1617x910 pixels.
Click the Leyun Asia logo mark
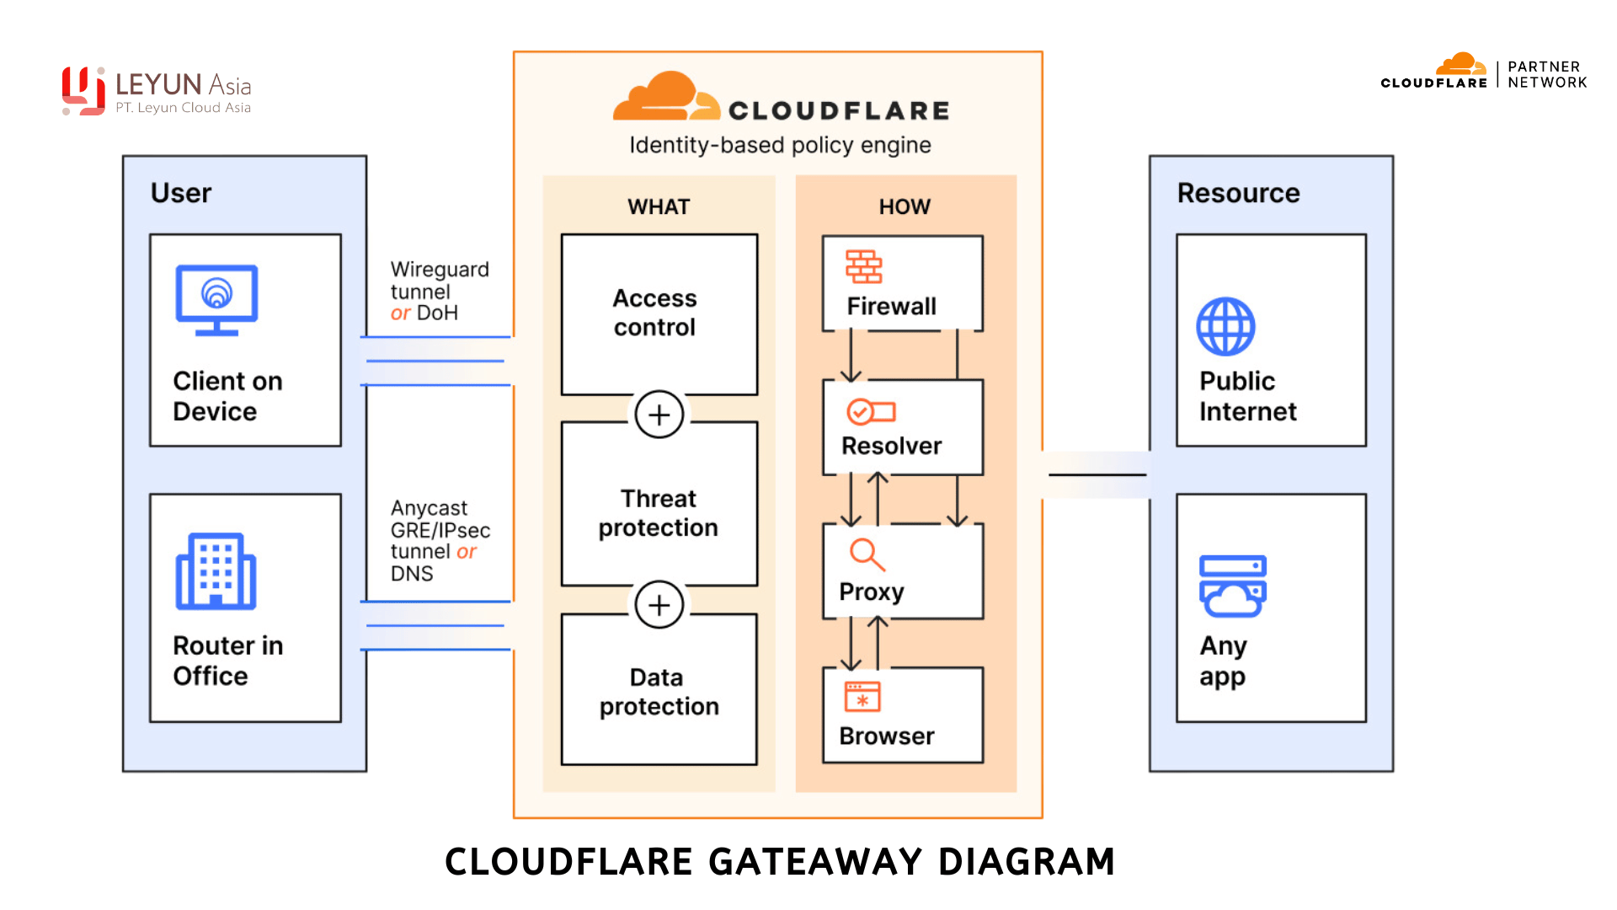(83, 91)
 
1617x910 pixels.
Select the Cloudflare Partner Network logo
(1483, 73)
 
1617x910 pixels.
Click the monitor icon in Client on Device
(216, 299)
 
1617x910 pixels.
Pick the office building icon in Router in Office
(216, 570)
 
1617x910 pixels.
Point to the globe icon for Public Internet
(1225, 326)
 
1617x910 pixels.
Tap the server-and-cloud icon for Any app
(1232, 586)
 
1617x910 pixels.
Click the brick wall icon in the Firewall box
(863, 266)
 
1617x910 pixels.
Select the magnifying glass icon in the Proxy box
(867, 554)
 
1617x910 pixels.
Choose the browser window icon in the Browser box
(862, 697)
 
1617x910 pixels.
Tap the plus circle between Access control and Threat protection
(659, 415)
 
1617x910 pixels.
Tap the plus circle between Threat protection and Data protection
(659, 605)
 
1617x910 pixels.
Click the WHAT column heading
(659, 206)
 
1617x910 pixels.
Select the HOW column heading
(905, 206)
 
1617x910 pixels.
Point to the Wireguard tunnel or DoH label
(438, 291)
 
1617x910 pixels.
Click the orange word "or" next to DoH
(400, 313)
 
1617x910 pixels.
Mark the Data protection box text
(659, 692)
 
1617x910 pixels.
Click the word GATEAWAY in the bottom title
(816, 862)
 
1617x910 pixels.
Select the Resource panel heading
(1238, 193)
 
